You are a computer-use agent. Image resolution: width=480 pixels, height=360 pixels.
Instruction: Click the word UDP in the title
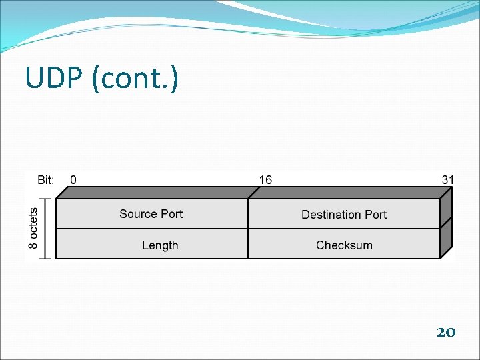point(55,78)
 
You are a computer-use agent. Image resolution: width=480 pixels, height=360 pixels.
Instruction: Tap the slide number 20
point(445,331)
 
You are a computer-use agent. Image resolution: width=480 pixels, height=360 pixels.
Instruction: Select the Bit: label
point(46,179)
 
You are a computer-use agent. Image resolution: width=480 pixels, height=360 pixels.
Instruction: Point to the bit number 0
point(73,179)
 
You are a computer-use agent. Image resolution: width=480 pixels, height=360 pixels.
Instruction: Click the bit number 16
point(265,179)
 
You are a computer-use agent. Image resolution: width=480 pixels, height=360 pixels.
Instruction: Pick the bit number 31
point(448,179)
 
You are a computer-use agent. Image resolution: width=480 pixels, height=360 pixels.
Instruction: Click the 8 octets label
point(33,227)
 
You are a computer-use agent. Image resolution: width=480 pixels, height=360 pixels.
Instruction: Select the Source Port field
point(151,214)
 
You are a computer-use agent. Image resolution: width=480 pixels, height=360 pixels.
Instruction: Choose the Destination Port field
point(344,215)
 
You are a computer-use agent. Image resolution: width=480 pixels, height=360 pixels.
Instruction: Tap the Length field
point(160,245)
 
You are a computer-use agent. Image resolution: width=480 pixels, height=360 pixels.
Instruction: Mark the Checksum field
point(344,245)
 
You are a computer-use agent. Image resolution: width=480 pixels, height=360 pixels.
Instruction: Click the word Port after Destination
point(375,215)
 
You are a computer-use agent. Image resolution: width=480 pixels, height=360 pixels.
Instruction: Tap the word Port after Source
point(171,214)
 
